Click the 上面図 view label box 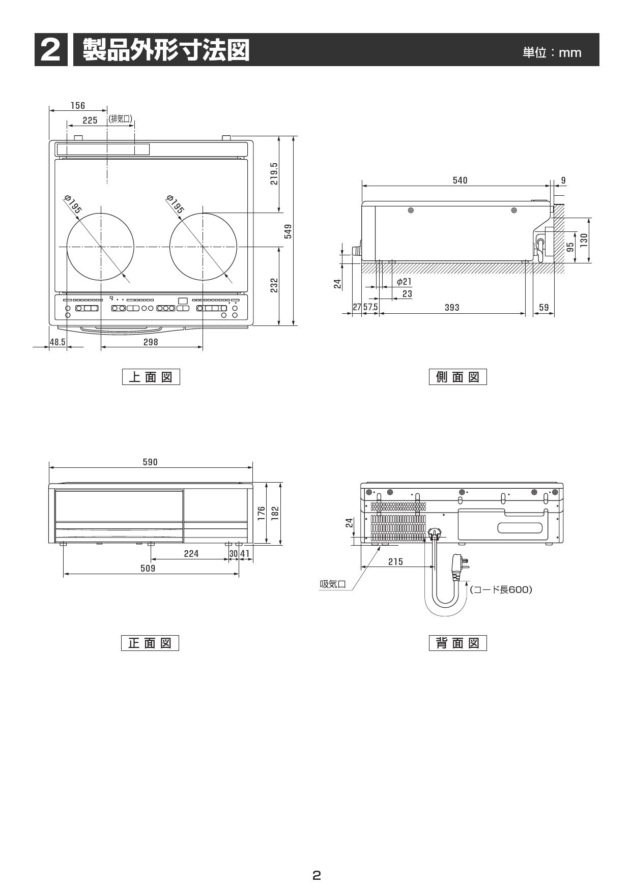[151, 377]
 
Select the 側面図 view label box [458, 377]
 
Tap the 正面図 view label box [150, 643]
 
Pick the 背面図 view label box [458, 643]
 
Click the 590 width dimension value [150, 462]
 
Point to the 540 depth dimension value [460, 181]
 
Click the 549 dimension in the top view [288, 231]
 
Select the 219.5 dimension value [274, 173]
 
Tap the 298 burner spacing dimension [151, 342]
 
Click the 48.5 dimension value [58, 342]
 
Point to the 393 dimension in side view [452, 308]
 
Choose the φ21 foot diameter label [404, 282]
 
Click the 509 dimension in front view [148, 568]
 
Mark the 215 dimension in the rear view [395, 561]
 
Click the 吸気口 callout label [333, 584]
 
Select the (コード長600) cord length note [501, 589]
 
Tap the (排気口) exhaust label [121, 119]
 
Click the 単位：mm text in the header [552, 52]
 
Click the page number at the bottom [316, 875]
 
